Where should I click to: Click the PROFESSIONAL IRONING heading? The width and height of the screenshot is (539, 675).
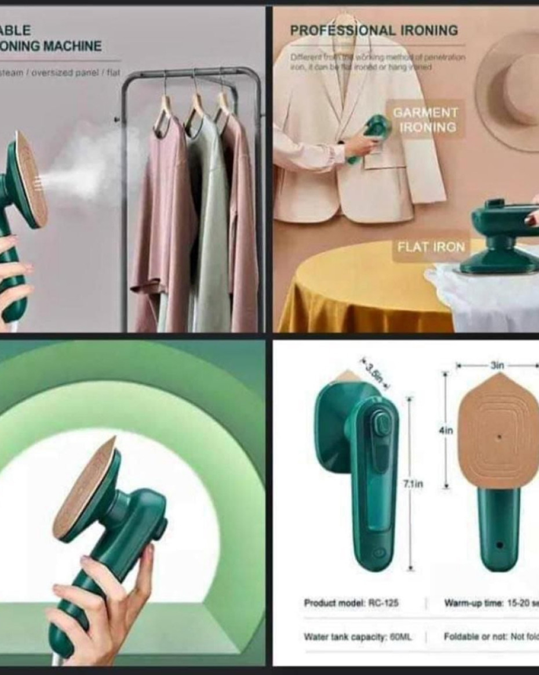(x=374, y=30)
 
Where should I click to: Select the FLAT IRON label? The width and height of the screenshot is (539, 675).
(x=431, y=247)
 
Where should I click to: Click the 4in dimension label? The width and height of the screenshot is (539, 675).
(x=446, y=431)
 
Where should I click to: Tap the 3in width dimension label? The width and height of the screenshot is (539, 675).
(x=497, y=365)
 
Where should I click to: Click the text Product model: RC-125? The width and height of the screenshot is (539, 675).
(x=351, y=603)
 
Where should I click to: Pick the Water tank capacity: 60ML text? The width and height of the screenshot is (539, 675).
(x=358, y=637)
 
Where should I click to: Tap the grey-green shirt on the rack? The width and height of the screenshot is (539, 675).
(x=208, y=221)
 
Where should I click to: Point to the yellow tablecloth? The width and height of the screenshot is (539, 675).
(x=359, y=290)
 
